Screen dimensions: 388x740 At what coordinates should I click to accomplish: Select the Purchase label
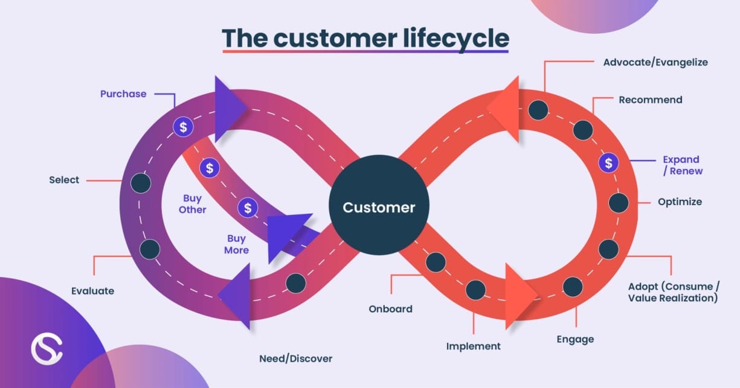click(x=123, y=94)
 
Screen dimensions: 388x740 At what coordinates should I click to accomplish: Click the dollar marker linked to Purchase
click(x=183, y=127)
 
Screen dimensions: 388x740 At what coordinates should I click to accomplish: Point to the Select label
click(x=64, y=180)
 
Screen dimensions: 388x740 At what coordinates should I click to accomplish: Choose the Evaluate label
click(x=92, y=291)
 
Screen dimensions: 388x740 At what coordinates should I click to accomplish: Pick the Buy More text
click(x=237, y=244)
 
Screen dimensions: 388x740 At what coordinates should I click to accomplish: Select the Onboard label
click(x=390, y=309)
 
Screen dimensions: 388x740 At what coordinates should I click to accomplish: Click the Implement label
click(x=473, y=346)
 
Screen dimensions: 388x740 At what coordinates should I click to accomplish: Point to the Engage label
click(x=575, y=339)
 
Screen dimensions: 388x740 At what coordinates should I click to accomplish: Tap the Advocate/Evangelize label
click(x=655, y=62)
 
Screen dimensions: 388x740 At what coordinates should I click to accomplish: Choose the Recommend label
click(x=650, y=100)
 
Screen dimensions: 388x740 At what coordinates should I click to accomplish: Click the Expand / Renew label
click(x=682, y=165)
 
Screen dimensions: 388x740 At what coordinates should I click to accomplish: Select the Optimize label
click(x=680, y=202)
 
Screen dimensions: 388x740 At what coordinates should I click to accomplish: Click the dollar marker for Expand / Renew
click(x=608, y=163)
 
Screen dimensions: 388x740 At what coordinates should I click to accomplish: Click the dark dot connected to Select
click(x=140, y=183)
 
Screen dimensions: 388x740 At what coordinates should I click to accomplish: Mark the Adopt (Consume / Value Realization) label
click(x=672, y=292)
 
